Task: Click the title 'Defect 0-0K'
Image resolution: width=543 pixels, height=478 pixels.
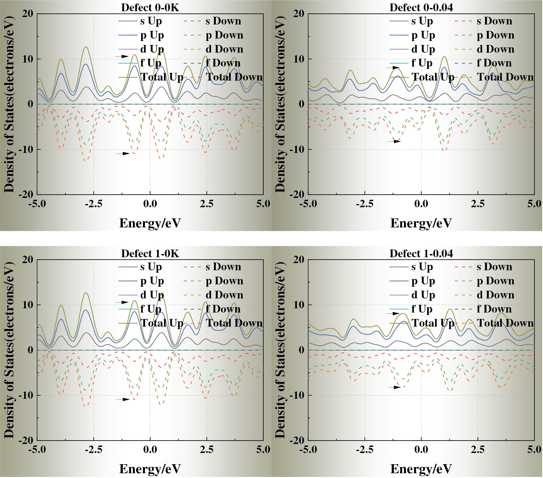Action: coord(150,7)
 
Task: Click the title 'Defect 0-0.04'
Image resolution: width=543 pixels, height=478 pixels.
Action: coord(421,7)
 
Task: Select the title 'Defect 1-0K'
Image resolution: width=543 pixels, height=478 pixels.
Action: coord(150,253)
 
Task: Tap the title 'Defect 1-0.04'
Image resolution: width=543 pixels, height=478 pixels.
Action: coord(421,253)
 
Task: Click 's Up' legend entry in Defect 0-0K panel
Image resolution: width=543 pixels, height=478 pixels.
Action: coord(151,21)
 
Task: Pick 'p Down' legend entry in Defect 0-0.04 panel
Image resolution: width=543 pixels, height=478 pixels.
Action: coord(495,35)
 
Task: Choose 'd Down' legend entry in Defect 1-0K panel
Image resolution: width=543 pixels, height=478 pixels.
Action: coord(224,295)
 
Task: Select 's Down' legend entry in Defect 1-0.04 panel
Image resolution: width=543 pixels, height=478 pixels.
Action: coord(494,267)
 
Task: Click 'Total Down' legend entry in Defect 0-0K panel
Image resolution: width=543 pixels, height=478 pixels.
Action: coord(234,77)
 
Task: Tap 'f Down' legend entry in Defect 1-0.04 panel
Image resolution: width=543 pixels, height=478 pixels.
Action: coord(494,309)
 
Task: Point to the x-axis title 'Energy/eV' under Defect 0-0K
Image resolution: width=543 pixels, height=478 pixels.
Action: coord(150,223)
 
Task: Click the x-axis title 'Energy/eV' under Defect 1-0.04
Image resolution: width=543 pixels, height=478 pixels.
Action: coord(421,469)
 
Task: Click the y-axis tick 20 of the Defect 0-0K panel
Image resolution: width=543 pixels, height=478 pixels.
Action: coord(27,14)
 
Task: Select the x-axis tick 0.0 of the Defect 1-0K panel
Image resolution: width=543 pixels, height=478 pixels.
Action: coord(150,450)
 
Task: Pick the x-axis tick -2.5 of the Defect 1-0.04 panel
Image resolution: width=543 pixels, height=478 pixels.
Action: coord(364,450)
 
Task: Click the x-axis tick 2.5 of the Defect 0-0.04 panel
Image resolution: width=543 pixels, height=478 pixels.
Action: coord(478,204)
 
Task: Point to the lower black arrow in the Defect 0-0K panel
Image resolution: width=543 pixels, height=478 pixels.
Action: coord(123,153)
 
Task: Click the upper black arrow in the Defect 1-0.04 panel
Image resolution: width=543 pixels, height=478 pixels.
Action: coord(393,314)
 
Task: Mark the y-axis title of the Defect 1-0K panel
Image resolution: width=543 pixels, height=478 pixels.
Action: coord(9,350)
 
